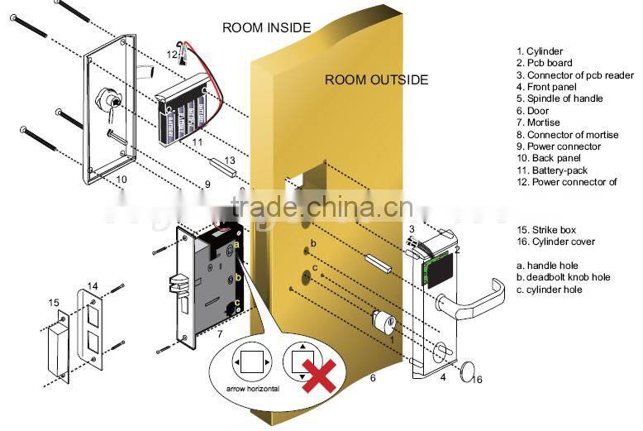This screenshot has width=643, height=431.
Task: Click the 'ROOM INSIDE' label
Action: coord(266,27)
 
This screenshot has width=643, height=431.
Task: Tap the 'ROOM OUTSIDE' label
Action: coord(376,80)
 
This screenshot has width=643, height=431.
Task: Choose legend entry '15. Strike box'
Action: coord(545,229)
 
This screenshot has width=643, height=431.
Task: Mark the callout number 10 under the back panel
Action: coord(121,178)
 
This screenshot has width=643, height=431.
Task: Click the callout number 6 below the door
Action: coord(372,378)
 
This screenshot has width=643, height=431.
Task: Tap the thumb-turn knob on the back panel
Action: coord(107,101)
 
